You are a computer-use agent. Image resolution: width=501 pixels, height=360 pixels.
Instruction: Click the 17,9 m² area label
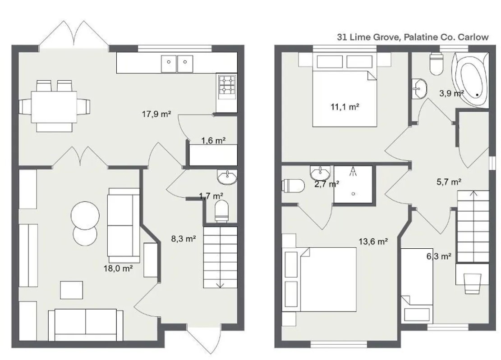156,114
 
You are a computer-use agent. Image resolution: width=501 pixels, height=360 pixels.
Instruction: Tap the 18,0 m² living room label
118,269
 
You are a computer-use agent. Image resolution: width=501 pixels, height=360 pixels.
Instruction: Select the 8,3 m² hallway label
184,238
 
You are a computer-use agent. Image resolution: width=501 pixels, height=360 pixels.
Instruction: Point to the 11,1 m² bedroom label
345,107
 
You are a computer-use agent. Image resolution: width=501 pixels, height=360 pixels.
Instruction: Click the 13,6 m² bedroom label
373,242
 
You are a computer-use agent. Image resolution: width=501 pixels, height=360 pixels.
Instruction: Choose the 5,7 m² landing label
449,182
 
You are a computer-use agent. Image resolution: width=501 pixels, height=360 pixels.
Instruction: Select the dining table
54,107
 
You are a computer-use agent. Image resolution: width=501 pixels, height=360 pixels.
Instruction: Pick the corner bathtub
469,80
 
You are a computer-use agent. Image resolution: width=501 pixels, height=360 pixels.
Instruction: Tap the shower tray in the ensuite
353,184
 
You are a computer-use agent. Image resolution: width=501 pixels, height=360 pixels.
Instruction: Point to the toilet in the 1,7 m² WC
222,211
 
